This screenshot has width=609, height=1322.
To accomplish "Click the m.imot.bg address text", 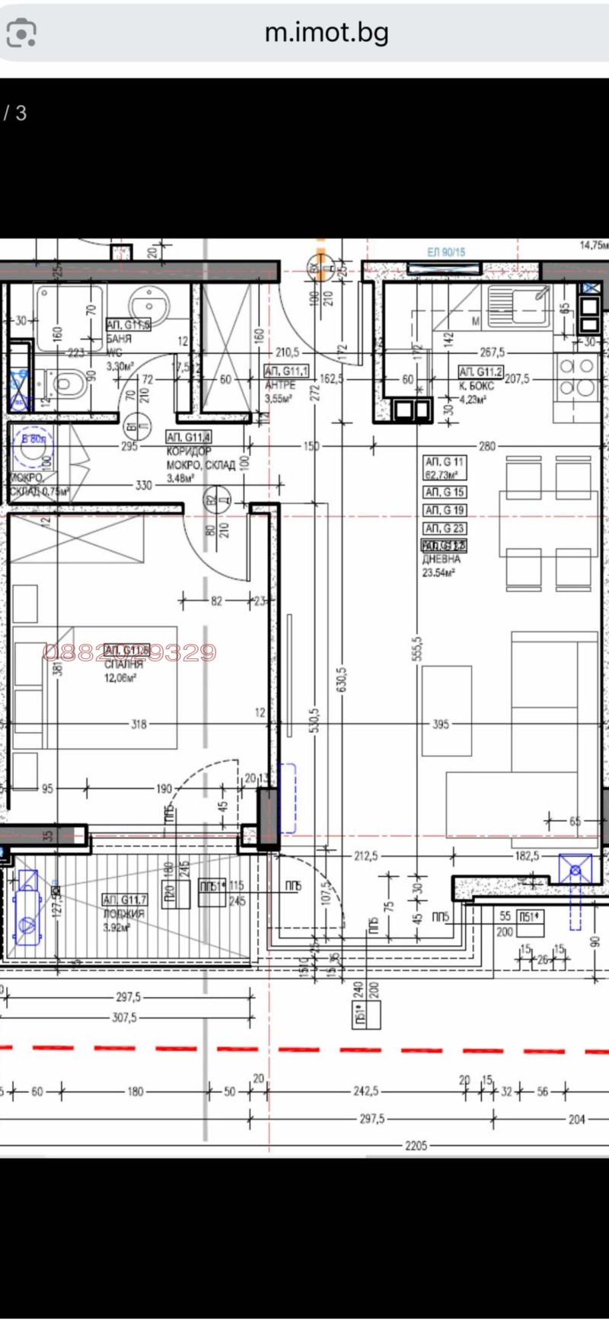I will [327, 33].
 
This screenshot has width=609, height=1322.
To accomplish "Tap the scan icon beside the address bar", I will [21, 33].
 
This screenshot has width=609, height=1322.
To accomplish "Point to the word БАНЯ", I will [120, 339].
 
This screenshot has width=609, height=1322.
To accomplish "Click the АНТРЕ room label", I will [280, 385].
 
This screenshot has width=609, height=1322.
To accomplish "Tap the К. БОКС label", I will [477, 386].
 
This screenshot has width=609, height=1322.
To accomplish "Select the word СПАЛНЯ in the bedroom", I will [123, 664].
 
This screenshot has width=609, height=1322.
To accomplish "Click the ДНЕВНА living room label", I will [442, 559].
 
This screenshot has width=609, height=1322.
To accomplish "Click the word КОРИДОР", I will [189, 452].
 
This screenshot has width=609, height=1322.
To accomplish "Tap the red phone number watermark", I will [129, 652].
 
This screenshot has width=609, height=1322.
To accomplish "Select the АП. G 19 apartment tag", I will [445, 510].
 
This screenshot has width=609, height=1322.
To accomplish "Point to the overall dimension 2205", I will [416, 1145].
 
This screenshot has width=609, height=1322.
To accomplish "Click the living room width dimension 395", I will [441, 725].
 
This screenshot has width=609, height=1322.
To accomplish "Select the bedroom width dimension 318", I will [139, 725].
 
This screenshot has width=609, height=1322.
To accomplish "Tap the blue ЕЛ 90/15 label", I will [446, 252].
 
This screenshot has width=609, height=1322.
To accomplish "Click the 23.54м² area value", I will [439, 572].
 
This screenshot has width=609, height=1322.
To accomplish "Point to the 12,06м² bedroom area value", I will [120, 677].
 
